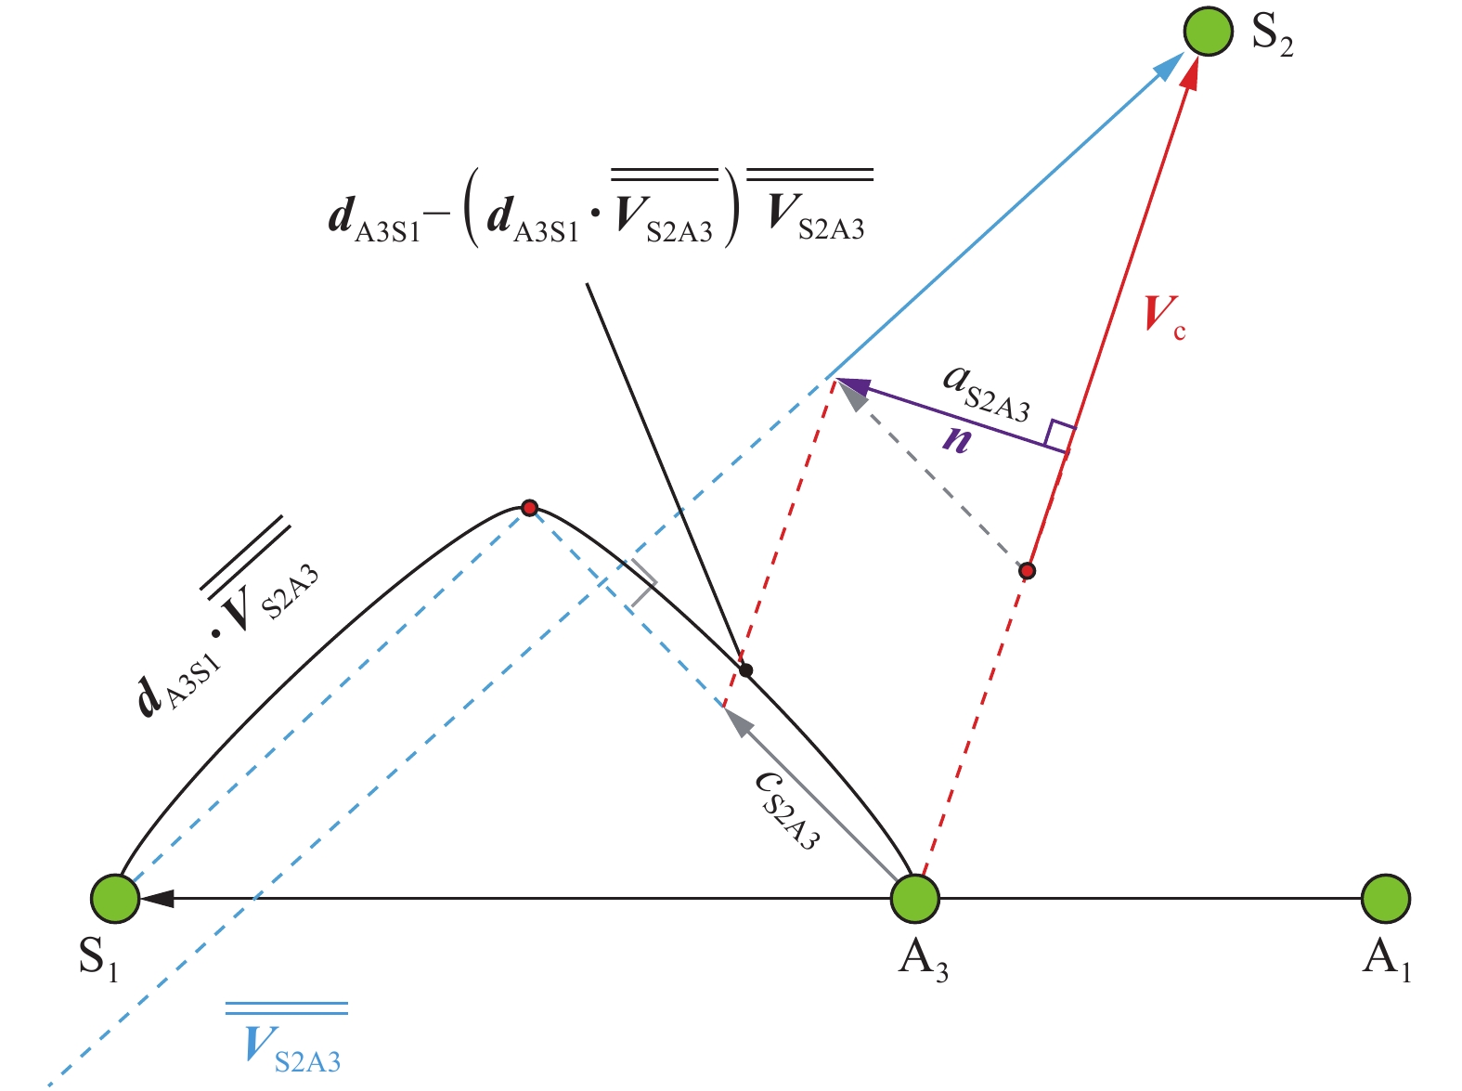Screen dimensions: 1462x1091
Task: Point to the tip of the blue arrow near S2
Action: click(1184, 54)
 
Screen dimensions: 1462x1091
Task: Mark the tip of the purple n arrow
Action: click(836, 380)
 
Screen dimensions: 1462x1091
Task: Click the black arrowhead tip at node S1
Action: click(140, 898)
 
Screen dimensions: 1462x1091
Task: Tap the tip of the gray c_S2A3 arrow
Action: click(723, 707)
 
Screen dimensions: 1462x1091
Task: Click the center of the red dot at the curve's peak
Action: click(529, 508)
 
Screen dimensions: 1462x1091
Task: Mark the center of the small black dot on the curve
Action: click(746, 670)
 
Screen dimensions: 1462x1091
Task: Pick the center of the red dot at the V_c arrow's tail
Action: click(1027, 571)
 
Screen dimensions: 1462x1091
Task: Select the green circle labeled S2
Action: click(1209, 31)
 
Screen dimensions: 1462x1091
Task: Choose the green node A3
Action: click(916, 899)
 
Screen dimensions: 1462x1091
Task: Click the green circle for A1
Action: click(1386, 899)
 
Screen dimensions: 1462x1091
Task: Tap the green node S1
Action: click(115, 899)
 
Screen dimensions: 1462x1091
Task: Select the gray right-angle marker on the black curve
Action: click(643, 583)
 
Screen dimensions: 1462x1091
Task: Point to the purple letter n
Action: click(957, 439)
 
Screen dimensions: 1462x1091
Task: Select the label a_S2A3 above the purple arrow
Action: click(987, 394)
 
